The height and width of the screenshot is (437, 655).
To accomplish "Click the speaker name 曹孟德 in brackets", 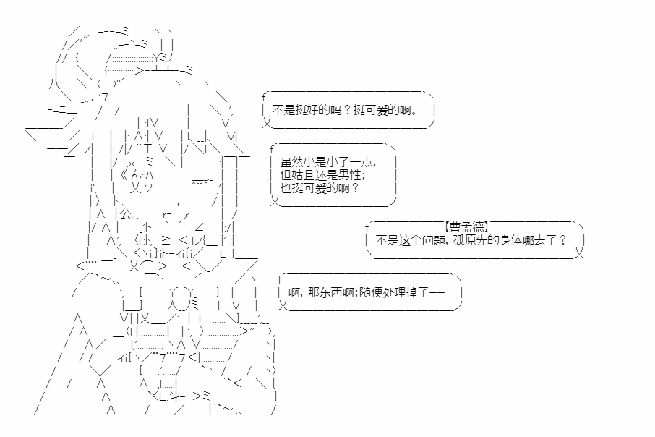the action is (466, 226).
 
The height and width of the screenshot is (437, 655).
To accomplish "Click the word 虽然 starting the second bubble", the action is (291, 162).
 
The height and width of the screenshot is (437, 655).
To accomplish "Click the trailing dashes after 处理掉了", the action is (437, 292).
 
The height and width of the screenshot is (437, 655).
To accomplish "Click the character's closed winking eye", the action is (202, 182).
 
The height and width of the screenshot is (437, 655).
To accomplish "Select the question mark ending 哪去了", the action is (562, 240).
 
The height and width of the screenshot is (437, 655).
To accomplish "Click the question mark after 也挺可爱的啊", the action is (356, 188).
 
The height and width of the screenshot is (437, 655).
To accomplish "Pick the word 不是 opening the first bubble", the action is (283, 111).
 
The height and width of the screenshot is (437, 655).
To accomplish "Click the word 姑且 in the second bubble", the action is (303, 175).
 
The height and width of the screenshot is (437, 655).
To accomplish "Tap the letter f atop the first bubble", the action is (264, 98).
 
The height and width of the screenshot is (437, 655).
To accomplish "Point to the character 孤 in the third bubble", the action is (458, 240).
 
